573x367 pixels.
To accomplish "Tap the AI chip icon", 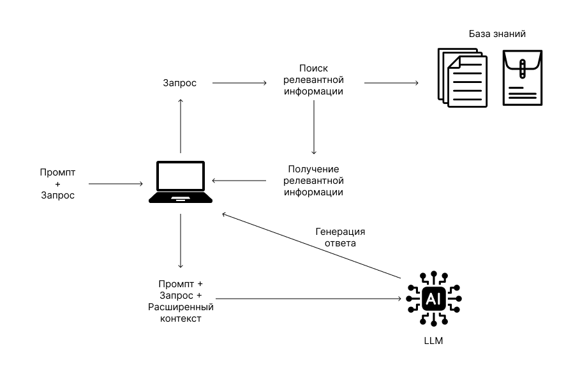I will (x=433, y=299).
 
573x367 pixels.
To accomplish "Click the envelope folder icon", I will (x=522, y=78).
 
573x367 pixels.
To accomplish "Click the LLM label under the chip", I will (x=433, y=341).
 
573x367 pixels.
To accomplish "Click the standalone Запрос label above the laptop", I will (x=180, y=83).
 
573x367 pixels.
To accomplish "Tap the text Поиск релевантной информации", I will (x=313, y=80).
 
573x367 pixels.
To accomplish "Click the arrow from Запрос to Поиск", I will (x=239, y=83).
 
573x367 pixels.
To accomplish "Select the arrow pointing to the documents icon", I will (x=391, y=83).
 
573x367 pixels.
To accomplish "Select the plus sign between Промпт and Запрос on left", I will (x=57, y=184).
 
